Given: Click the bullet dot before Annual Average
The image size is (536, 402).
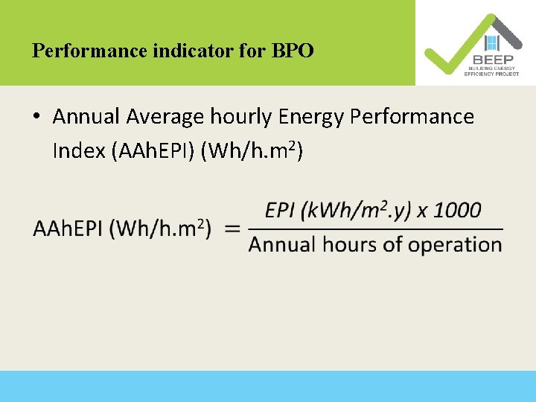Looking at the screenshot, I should [x=36, y=117].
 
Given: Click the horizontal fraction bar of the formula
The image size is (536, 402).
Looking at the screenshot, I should [x=375, y=229].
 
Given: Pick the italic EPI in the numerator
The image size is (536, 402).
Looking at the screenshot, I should [x=281, y=210].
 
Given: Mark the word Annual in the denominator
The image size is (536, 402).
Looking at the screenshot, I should [x=282, y=244].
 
